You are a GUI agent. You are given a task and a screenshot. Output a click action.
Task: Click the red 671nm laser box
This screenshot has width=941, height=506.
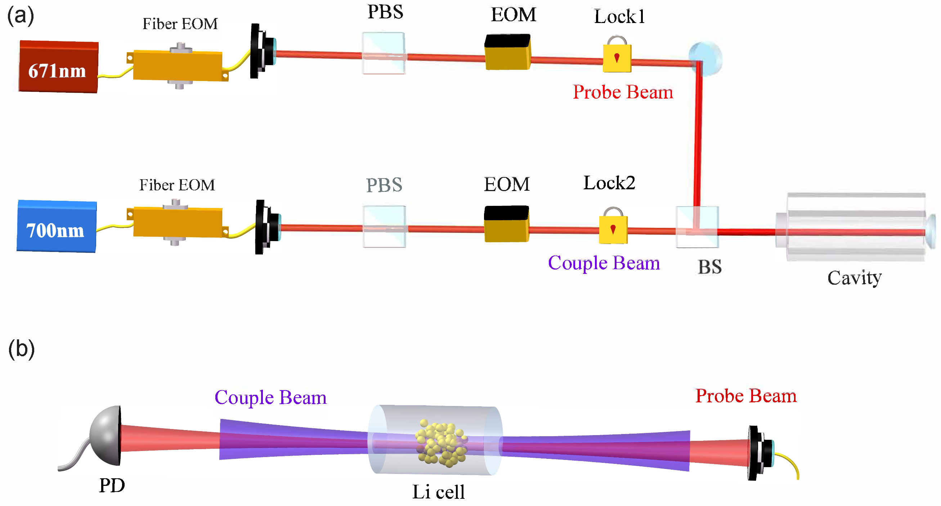click(x=58, y=67)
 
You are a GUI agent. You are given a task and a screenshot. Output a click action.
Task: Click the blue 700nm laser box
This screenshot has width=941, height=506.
click(x=57, y=226)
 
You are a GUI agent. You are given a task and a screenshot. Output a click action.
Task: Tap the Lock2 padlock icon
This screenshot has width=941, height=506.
click(x=613, y=229)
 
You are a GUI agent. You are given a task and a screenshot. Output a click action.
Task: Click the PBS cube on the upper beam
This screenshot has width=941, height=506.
click(x=384, y=53)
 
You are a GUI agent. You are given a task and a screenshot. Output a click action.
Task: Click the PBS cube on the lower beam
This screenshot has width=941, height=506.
click(x=384, y=227)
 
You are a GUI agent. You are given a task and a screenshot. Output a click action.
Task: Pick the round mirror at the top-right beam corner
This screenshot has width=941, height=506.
click(x=705, y=58)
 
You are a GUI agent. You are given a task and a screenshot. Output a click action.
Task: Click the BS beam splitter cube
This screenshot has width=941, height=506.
click(x=697, y=227)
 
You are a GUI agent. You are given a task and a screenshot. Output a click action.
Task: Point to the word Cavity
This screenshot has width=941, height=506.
click(x=854, y=278)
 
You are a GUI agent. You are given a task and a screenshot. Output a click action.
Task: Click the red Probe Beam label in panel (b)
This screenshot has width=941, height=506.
click(x=745, y=396)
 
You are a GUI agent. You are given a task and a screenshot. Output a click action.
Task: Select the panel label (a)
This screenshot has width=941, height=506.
click(x=21, y=17)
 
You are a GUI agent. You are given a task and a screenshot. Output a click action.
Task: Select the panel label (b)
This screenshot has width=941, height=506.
click(x=21, y=349)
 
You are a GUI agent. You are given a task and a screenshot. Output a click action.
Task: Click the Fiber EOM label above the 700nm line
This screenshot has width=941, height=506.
click(x=177, y=185)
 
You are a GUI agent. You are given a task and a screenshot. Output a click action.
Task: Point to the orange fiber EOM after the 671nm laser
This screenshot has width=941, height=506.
click(x=178, y=66)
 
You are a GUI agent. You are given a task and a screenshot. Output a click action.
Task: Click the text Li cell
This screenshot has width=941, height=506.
click(x=438, y=492)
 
